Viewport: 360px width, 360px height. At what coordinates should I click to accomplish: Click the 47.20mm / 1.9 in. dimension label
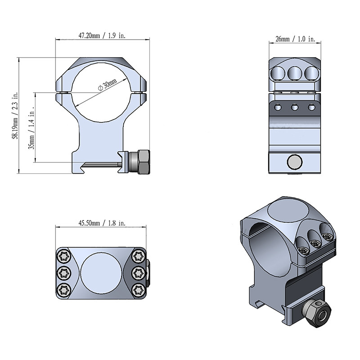102,36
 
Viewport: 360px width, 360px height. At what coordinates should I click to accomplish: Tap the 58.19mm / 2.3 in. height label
15,116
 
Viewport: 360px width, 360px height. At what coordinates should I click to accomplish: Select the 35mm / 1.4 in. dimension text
31,128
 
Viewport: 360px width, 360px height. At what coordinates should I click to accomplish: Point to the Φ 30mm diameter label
108,85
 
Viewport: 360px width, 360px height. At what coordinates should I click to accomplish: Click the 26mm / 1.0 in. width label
295,39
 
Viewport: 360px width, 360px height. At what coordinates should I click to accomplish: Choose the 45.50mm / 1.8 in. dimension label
102,223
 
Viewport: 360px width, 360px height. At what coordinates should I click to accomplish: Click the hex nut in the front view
144,162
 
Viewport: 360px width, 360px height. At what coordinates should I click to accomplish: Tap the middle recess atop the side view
295,73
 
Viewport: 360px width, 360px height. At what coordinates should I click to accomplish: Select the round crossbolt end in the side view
295,162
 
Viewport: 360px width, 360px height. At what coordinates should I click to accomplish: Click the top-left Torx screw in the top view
64,256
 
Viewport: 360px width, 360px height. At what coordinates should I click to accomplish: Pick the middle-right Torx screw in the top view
139,273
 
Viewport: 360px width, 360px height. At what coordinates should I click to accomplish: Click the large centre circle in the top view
101,273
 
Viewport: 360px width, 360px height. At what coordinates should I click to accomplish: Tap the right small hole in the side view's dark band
311,107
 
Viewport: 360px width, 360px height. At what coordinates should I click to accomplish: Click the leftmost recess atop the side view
278,73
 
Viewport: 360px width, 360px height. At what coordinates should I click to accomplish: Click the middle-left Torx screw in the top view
64,273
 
